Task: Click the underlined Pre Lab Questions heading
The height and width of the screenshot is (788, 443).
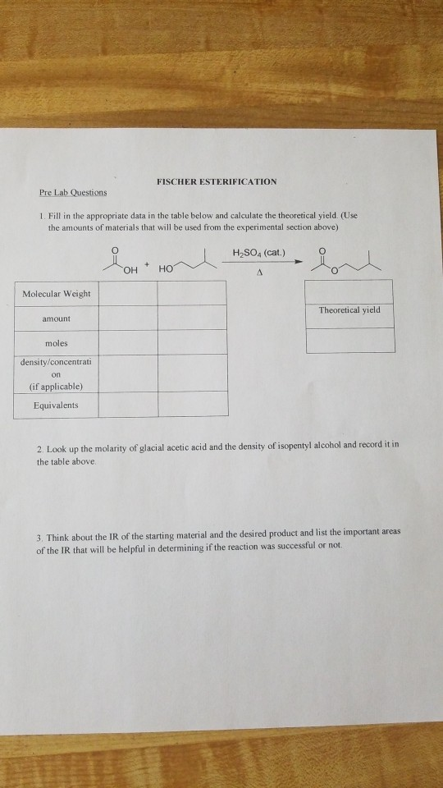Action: point(73,193)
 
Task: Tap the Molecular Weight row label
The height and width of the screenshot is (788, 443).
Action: point(57,294)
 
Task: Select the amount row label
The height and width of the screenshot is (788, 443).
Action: point(57,318)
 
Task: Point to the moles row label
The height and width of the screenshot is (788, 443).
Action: point(57,342)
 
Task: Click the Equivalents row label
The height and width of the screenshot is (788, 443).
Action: point(56,405)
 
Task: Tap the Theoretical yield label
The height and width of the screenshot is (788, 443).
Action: point(349,310)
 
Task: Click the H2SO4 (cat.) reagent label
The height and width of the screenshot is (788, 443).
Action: point(257,253)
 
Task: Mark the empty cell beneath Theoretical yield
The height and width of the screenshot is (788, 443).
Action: point(349,340)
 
